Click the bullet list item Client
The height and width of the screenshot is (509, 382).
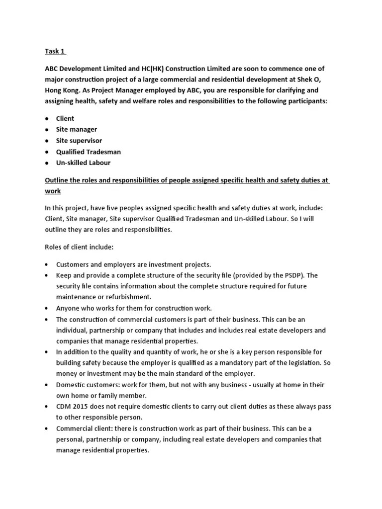pyautogui.click(x=65, y=118)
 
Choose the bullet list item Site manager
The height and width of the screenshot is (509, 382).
pyautogui.click(x=77, y=129)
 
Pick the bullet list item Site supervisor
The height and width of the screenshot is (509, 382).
pyautogui.click(x=79, y=140)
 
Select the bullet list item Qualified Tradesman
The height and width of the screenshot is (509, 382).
pyautogui.click(x=89, y=152)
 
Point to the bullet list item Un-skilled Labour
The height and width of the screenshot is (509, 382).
pyautogui.click(x=83, y=163)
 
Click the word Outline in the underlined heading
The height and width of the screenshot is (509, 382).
pyautogui.click(x=58, y=180)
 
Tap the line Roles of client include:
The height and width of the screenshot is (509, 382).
pyautogui.click(x=79, y=247)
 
